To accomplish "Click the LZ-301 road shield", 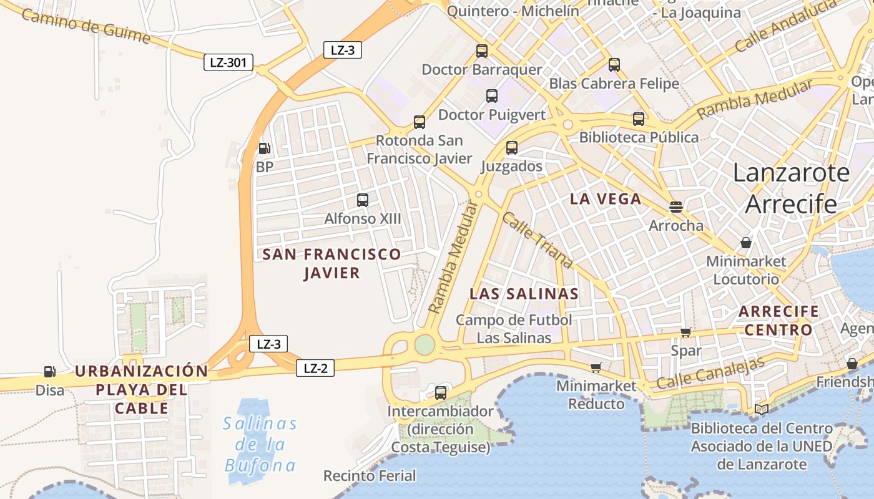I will [228, 62].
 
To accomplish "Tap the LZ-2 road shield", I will [315, 368].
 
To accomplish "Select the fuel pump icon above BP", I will [264, 148].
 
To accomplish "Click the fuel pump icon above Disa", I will [49, 372].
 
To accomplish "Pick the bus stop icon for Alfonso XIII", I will [363, 200].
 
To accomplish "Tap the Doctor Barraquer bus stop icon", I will [482, 51].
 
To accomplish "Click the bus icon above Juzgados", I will [512, 148].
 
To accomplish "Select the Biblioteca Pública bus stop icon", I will [639, 119].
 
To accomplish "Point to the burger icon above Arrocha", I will [676, 206].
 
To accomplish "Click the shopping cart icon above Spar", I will [686, 332].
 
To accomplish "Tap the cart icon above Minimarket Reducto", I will [596, 367].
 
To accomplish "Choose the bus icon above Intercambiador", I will [441, 393].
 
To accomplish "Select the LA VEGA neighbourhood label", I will [606, 199].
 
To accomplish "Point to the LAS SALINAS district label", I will [524, 294].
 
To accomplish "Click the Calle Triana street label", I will [537, 241].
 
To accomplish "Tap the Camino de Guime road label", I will [86, 26].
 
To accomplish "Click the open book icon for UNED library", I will [762, 409].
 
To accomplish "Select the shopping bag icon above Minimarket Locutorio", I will [746, 243].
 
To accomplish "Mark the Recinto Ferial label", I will [370, 476].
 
